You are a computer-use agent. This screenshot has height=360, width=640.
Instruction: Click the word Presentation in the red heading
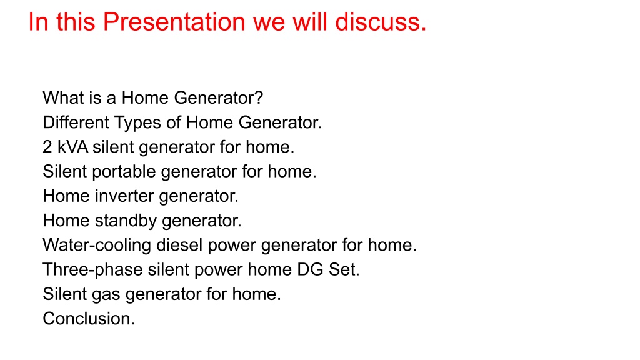(174, 22)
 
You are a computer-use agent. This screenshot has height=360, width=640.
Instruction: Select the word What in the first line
(63, 98)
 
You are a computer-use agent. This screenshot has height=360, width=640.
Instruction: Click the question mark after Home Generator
(258, 98)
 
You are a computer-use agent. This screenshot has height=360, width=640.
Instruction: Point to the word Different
(76, 122)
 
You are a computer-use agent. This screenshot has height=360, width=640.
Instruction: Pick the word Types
(137, 123)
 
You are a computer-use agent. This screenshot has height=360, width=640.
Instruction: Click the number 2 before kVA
(47, 147)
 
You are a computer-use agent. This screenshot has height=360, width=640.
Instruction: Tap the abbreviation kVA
(72, 147)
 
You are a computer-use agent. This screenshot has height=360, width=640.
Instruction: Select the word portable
(124, 172)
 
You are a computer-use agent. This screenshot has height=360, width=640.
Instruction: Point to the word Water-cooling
(97, 246)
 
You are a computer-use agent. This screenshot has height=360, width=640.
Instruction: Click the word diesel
(179, 245)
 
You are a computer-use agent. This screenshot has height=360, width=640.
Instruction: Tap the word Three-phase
(92, 270)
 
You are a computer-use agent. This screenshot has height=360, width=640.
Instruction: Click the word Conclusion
(86, 318)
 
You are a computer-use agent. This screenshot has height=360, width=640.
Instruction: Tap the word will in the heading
(310, 22)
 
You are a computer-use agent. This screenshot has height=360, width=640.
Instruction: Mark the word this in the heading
(76, 22)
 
